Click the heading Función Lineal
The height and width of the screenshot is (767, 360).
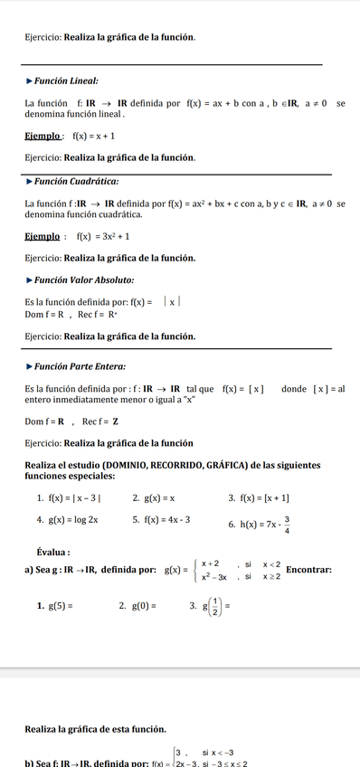coord(66,81)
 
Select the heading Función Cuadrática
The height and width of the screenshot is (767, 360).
coord(76,181)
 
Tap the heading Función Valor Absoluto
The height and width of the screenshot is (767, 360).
coord(84,279)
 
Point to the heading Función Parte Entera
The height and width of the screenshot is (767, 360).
coord(80,366)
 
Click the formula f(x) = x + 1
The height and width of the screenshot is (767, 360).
coord(93,137)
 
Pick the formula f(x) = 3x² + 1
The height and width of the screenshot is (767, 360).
coord(102,236)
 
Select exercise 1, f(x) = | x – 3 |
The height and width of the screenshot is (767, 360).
coord(74,497)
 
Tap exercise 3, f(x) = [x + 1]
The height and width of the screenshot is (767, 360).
coord(265,497)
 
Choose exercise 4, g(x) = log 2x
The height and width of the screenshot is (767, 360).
coord(73,520)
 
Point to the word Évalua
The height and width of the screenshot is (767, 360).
coord(53,552)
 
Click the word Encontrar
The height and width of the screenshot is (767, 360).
coord(308,569)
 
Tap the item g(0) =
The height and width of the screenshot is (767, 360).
coord(144,605)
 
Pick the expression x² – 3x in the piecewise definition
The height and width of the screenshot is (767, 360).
coord(213,576)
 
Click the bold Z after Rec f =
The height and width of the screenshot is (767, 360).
coord(115,421)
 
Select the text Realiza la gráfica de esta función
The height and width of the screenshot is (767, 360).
coord(95,728)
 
